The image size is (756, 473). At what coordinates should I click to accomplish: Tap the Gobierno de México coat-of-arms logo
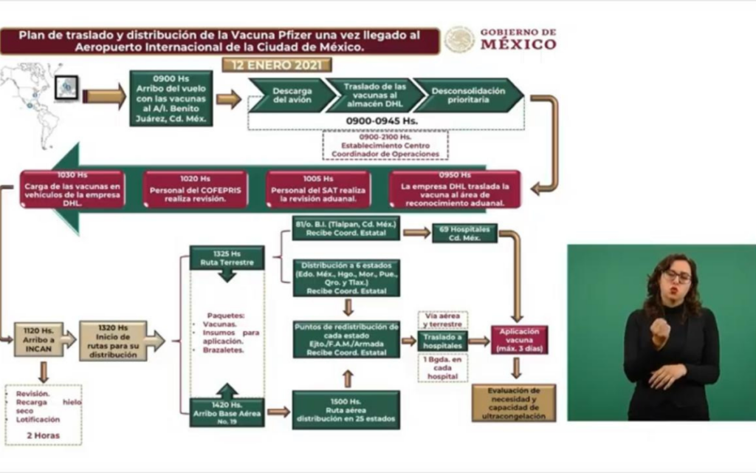(x=459, y=39)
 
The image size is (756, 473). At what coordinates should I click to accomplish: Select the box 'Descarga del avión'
(x=291, y=95)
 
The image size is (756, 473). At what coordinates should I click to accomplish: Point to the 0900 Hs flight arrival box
(x=171, y=98)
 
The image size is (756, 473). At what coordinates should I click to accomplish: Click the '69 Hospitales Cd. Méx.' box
(x=464, y=233)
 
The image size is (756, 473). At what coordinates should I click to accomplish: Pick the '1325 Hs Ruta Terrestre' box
(x=227, y=257)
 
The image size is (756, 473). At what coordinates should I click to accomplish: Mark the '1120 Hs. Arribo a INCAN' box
(x=38, y=339)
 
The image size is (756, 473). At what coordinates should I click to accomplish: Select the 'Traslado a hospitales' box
(x=442, y=341)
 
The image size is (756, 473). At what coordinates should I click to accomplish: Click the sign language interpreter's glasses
(x=677, y=276)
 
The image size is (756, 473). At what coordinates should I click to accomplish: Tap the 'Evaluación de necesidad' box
(x=514, y=402)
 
